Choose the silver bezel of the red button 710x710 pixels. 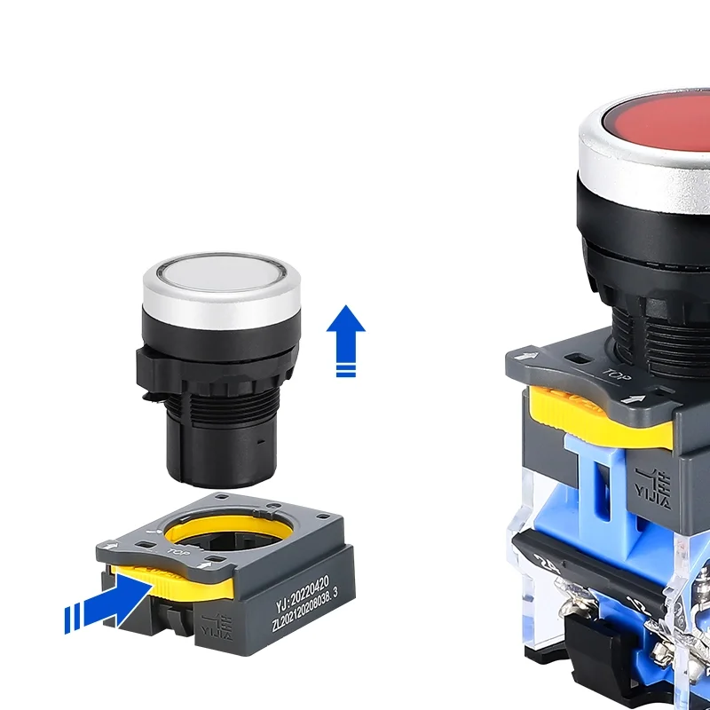tap(621, 169)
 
